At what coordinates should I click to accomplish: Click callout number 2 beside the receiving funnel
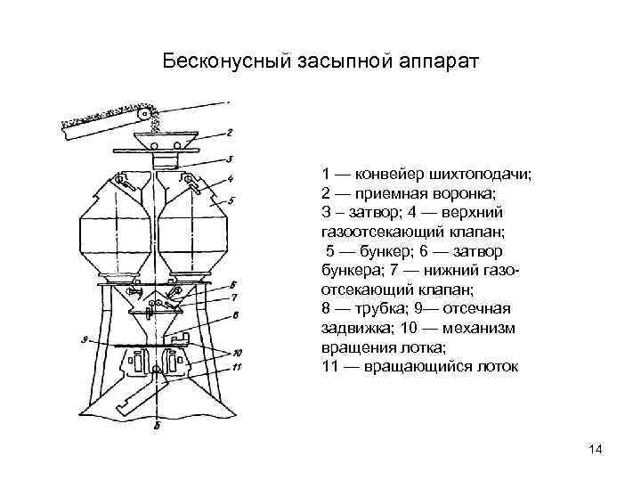pyautogui.click(x=229, y=134)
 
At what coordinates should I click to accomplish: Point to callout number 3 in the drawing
pyautogui.click(x=229, y=159)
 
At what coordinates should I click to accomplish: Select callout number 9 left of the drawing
pyautogui.click(x=82, y=339)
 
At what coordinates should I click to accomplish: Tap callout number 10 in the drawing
pyautogui.click(x=236, y=352)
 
